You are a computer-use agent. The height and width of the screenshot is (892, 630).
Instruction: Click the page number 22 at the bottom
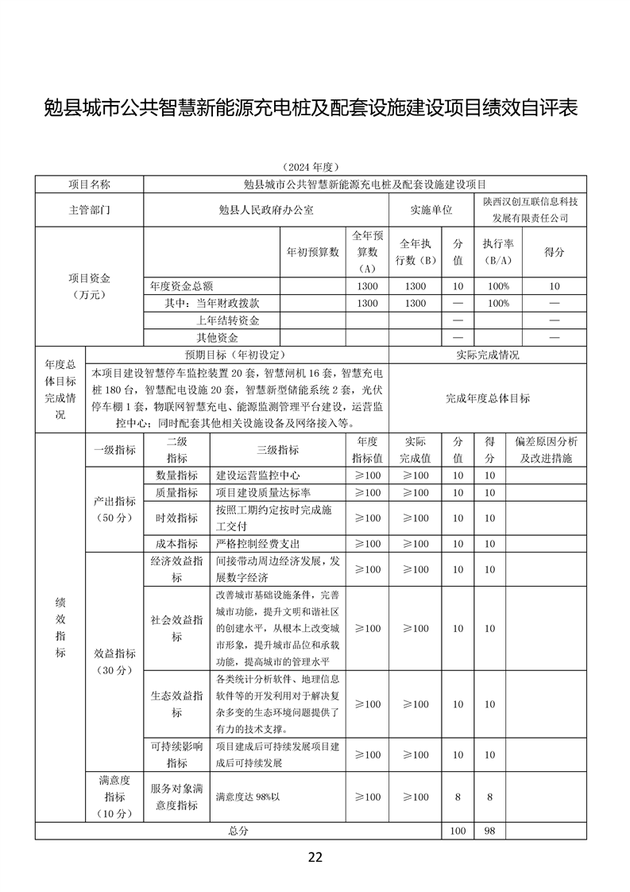click(315, 857)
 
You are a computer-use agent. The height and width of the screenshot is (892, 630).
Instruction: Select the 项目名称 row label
click(89, 184)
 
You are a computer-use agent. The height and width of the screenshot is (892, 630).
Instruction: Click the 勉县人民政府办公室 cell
click(266, 210)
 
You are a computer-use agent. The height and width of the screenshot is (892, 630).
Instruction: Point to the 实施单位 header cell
click(431, 210)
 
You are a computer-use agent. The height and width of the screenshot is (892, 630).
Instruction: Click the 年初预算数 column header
click(312, 252)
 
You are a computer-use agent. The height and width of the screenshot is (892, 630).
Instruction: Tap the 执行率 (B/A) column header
click(498, 252)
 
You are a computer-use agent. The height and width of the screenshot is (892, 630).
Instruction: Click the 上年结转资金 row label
click(228, 320)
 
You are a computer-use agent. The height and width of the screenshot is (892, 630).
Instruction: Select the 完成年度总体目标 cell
click(487, 398)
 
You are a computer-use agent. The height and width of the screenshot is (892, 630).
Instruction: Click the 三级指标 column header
click(278, 450)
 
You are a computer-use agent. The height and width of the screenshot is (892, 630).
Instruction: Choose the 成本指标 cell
click(176, 544)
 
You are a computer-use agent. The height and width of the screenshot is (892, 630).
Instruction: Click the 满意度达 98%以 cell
click(250, 797)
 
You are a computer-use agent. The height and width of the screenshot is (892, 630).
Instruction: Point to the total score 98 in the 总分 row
click(489, 831)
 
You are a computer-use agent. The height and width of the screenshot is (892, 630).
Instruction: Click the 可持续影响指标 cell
click(176, 754)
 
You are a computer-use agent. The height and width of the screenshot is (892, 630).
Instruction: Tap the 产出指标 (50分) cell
click(114, 510)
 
